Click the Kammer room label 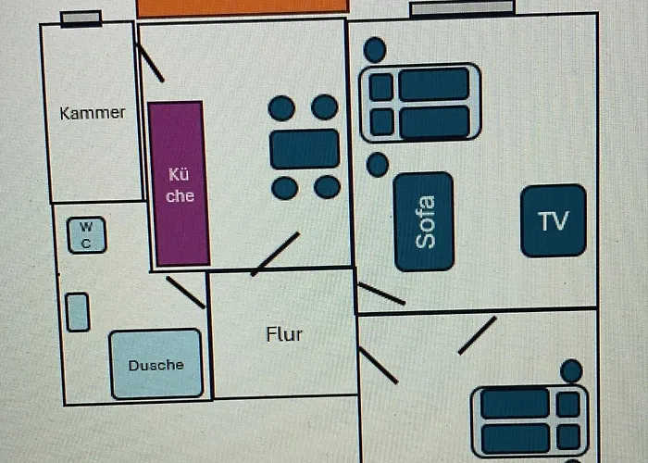(92, 113)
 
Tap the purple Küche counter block (177, 184)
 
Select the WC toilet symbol (86, 235)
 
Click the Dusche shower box (156, 364)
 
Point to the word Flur (284, 334)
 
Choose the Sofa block (424, 222)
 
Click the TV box (554, 221)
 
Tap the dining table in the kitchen (305, 149)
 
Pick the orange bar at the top (243, 6)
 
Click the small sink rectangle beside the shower (79, 312)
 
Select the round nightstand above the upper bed (375, 50)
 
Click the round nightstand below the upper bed (377, 165)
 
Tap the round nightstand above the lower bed (571, 371)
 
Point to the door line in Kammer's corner (149, 62)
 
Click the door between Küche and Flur (275, 254)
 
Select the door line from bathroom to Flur (185, 292)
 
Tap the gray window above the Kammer (81, 19)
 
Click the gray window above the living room (463, 8)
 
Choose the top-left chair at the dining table (281, 108)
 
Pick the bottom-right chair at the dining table (327, 188)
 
